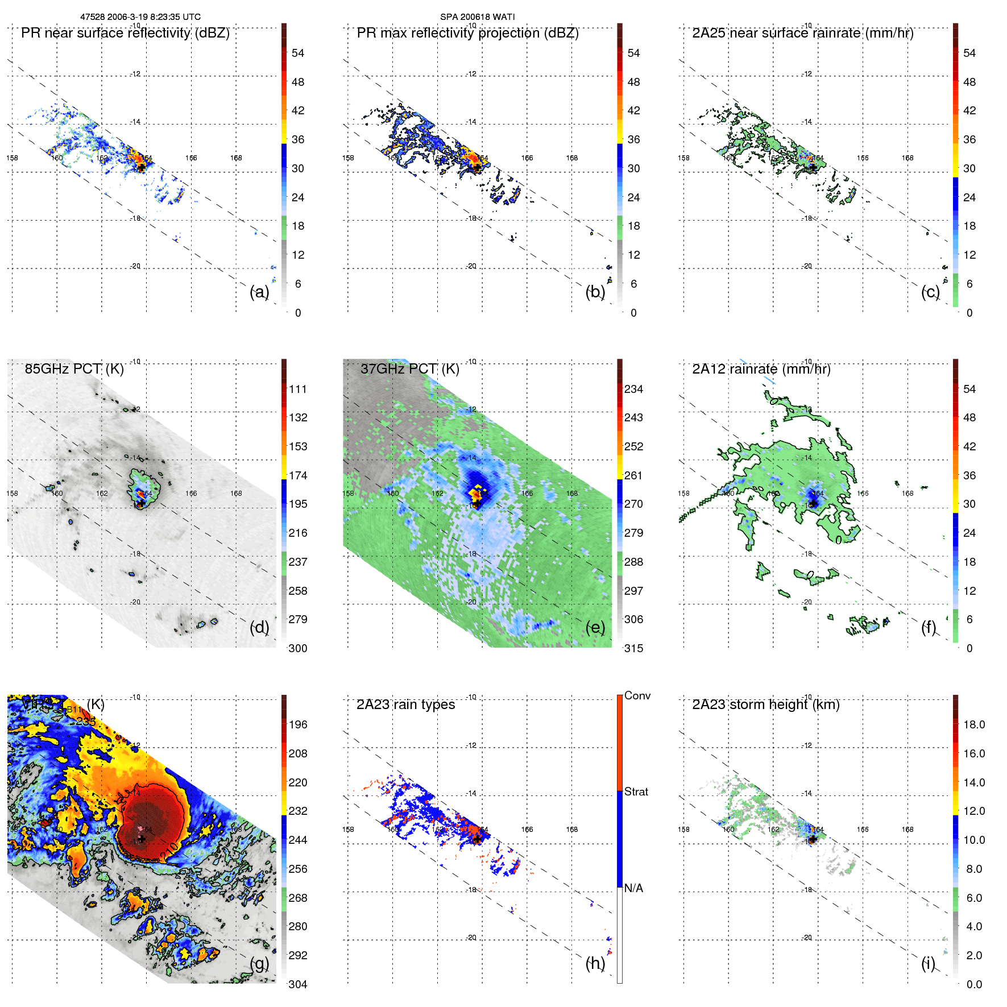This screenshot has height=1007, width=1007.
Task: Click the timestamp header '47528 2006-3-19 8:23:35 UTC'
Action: click(x=140, y=17)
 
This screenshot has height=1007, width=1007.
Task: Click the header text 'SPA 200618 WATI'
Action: click(x=477, y=17)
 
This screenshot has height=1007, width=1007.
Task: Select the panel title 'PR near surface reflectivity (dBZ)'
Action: click(x=125, y=33)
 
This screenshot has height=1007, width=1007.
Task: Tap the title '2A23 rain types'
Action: click(x=405, y=705)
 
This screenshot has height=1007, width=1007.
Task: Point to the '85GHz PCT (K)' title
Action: click(x=74, y=369)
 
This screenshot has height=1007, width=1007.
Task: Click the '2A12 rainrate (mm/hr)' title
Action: click(x=761, y=369)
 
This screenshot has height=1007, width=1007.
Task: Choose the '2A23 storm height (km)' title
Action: click(x=765, y=705)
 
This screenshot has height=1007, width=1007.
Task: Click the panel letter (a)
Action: click(x=259, y=292)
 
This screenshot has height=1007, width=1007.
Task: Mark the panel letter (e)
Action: click(x=595, y=627)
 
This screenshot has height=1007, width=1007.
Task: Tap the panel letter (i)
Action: click(x=928, y=963)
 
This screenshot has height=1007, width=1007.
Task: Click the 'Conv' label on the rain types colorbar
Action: click(x=637, y=695)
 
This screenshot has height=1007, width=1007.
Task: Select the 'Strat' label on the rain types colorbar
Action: click(x=636, y=791)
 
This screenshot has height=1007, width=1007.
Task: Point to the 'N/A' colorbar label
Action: click(x=633, y=888)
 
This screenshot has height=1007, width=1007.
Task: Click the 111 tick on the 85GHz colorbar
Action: click(x=298, y=389)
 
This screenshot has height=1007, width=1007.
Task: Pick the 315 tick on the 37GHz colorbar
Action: click(x=633, y=648)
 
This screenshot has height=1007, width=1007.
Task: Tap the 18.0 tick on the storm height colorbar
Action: click(x=973, y=724)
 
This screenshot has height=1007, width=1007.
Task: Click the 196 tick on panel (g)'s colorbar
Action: click(x=298, y=724)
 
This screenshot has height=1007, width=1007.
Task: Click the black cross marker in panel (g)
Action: click(x=142, y=839)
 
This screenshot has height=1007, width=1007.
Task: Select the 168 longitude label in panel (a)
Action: click(x=236, y=158)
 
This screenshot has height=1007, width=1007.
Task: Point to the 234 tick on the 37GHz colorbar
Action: click(x=633, y=389)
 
